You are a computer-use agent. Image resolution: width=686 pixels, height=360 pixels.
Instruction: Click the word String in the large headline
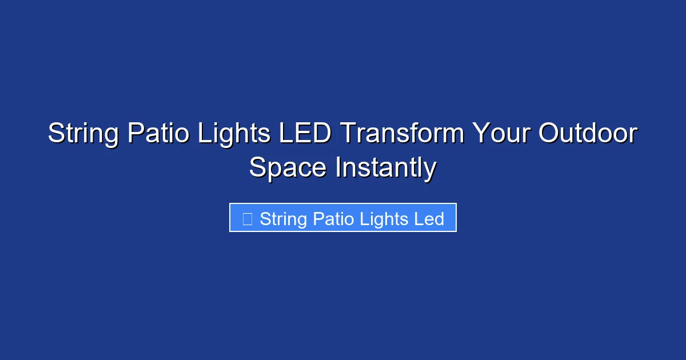pyautogui.click(x=83, y=134)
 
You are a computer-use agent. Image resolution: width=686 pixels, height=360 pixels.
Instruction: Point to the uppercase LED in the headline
pyautogui.click(x=305, y=134)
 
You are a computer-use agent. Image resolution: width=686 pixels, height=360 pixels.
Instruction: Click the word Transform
pyautogui.click(x=402, y=134)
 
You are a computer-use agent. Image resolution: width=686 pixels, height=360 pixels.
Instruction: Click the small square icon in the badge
pyautogui.click(x=248, y=219)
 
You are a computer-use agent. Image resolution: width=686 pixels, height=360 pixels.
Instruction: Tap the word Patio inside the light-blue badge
pyautogui.click(x=335, y=219)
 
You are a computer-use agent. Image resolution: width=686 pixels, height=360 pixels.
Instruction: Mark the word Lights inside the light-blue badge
pyautogui.click(x=385, y=219)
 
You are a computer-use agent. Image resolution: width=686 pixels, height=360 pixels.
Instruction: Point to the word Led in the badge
pyautogui.click(x=429, y=219)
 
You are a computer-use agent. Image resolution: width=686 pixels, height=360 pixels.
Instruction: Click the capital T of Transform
pyautogui.click(x=348, y=134)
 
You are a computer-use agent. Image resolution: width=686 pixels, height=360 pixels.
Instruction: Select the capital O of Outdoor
pyautogui.click(x=549, y=134)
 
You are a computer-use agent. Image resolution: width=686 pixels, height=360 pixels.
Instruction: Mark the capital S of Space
pyautogui.click(x=258, y=169)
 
